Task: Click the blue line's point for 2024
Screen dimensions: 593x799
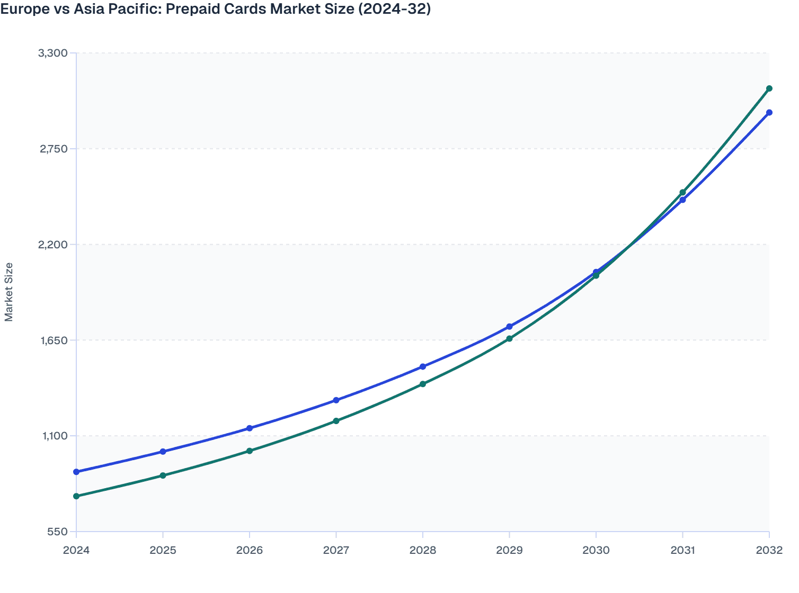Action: click(76, 472)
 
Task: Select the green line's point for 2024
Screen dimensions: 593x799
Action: click(76, 496)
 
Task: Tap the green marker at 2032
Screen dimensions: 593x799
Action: click(769, 88)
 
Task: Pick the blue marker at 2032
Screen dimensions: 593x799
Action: click(769, 113)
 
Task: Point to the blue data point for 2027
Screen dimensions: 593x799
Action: click(336, 400)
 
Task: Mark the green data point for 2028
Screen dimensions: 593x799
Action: click(423, 384)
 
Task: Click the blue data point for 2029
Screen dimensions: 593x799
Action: click(509, 327)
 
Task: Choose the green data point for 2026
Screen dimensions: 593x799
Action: click(250, 451)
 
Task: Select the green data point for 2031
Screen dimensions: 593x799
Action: click(682, 192)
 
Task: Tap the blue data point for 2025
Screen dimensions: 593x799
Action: click(163, 452)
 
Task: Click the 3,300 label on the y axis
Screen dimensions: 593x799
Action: click(53, 53)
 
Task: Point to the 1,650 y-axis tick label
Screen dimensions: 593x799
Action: click(53, 340)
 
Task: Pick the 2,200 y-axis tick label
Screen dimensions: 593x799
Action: click(53, 245)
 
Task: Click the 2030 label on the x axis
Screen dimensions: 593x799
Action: click(596, 550)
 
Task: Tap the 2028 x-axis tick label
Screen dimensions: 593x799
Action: click(423, 550)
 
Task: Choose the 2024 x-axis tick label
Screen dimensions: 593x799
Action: click(76, 550)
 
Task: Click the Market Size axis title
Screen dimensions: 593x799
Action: click(9, 292)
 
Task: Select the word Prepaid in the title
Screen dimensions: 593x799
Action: click(190, 9)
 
